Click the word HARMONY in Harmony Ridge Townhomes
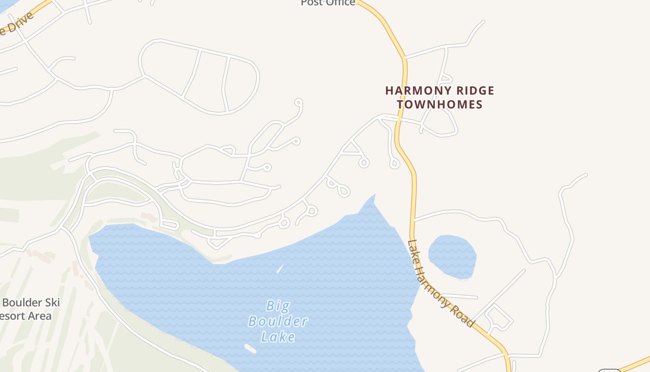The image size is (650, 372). click(415, 91)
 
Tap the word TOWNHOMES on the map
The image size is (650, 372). click(440, 104)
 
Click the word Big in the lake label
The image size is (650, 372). click(278, 306)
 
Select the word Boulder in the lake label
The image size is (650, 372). click(278, 321)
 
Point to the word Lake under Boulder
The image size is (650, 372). click(278, 336)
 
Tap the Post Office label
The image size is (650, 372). click(328, 3)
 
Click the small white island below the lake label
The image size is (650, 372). click(250, 349)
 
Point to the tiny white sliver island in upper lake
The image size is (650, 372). click(280, 269)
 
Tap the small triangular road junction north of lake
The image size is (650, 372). click(351, 148)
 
